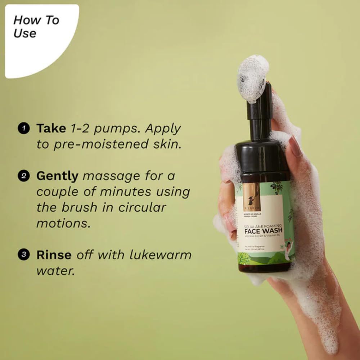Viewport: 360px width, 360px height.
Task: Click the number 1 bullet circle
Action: tap(24, 129)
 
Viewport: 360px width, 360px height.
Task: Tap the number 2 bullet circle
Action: tap(24, 176)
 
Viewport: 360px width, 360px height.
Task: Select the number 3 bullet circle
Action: tap(24, 255)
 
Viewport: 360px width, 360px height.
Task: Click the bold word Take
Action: tap(51, 128)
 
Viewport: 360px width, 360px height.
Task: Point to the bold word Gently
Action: tap(57, 176)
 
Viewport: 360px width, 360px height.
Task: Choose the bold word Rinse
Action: tap(54, 255)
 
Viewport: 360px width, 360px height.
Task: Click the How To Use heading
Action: tap(36, 27)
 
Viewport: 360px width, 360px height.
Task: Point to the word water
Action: tap(55, 271)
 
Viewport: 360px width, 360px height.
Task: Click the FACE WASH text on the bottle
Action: tap(264, 230)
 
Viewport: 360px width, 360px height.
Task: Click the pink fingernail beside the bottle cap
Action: tap(295, 146)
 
